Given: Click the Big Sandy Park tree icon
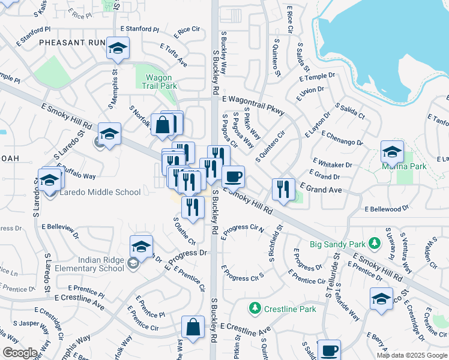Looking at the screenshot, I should (375, 244).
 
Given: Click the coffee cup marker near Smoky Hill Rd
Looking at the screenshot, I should (233, 176).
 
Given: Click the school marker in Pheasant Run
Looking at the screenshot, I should (118, 48).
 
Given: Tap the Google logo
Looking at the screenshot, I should (19, 353).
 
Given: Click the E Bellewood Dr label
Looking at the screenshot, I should (387, 208).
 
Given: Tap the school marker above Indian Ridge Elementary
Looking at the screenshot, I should (141, 247).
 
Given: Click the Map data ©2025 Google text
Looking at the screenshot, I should (412, 355).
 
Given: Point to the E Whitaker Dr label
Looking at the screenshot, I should (332, 164).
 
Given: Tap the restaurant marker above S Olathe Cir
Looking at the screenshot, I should (193, 208).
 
